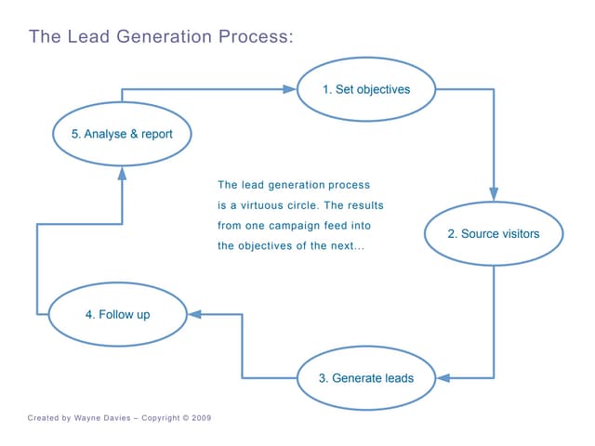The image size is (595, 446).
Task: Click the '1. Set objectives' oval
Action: coord(366,90)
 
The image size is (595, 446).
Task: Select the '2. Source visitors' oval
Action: coord(494,234)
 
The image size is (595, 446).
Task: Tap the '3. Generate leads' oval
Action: coord(366,378)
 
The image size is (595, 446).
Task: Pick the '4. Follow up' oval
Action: coord(117,315)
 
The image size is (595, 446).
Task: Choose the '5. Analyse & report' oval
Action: coord(123,134)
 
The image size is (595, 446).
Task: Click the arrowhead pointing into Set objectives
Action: coord(289,90)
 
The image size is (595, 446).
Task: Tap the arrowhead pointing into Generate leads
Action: coord(443,378)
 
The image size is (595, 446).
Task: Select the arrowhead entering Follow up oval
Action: coord(194,315)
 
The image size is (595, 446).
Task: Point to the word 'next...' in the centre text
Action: coord(347,246)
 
